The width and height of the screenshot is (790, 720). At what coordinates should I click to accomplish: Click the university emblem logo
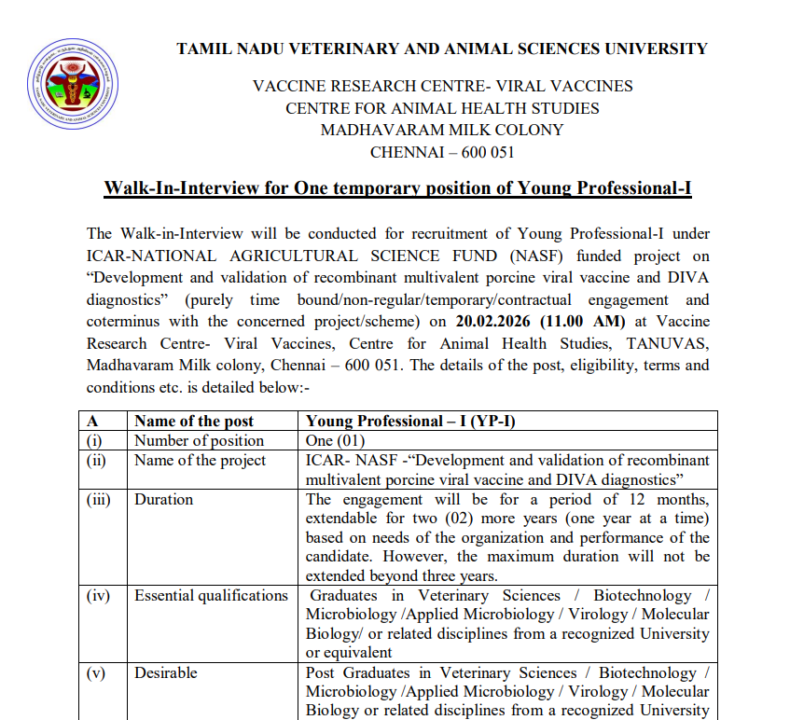(x=77, y=84)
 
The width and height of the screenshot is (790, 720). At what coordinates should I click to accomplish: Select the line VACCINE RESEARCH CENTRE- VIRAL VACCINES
(x=442, y=86)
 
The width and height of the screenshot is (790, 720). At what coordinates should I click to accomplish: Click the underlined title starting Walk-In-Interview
(x=397, y=188)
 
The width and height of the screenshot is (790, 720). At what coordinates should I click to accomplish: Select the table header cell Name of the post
(x=194, y=422)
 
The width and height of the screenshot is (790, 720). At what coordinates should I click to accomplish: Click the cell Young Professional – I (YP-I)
(x=410, y=422)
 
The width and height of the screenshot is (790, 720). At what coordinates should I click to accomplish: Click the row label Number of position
(x=199, y=440)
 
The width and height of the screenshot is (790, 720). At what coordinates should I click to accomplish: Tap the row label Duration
(x=164, y=499)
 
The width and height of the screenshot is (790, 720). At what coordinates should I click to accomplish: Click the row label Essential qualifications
(x=211, y=595)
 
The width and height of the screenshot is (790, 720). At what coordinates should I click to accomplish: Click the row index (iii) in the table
(x=99, y=499)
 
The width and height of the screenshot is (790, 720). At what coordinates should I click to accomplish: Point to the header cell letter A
(x=92, y=422)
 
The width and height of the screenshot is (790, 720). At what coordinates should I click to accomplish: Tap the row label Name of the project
(x=200, y=460)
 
